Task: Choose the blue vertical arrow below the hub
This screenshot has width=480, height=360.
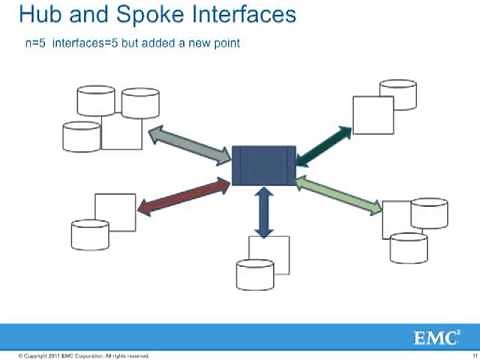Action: (264, 211)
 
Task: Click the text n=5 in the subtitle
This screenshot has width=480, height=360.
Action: (36, 45)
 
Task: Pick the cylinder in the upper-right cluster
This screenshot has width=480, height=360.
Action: (397, 94)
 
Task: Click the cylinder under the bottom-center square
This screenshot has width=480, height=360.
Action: (255, 274)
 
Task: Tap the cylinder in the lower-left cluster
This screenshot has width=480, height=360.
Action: (89, 233)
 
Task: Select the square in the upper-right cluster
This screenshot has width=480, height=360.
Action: (372, 115)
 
